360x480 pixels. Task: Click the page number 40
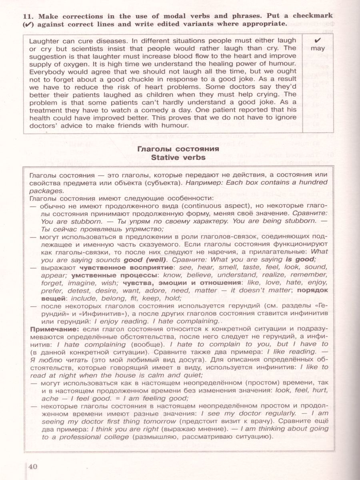point(32,467)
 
